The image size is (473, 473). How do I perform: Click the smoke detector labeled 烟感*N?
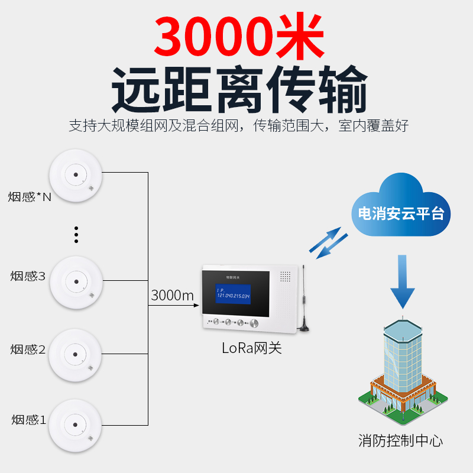point(76,175)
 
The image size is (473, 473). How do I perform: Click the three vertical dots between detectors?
point(76,234)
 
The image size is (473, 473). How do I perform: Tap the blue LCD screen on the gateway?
point(234,293)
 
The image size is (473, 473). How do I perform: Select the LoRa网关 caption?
point(251,348)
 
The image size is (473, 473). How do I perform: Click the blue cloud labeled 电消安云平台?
point(400,207)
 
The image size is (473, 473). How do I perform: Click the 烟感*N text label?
point(30,197)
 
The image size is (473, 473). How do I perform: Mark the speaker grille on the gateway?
point(285,277)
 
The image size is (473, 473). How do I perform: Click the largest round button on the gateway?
point(254,323)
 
